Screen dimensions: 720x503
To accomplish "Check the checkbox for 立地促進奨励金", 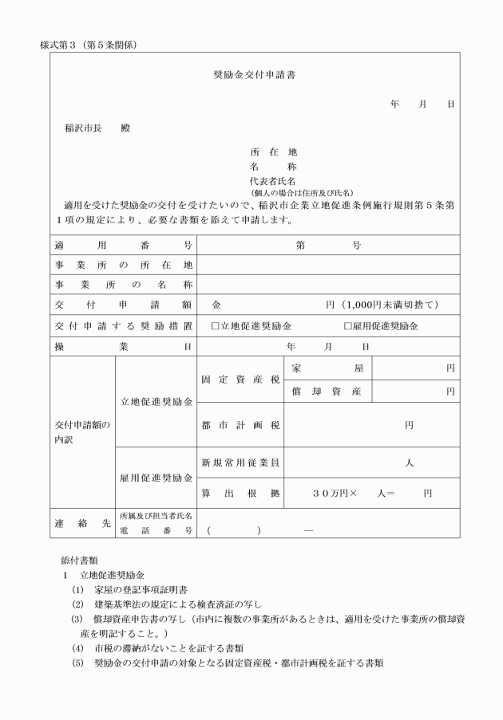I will tap(215, 326).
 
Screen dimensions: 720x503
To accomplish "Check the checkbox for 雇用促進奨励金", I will tap(347, 326).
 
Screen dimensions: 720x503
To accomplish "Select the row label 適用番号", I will tap(123, 245).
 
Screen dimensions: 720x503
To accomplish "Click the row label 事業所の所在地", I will tap(123, 265).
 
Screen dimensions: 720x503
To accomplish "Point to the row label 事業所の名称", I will tap(123, 285).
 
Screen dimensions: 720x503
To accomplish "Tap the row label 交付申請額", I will tap(123, 305).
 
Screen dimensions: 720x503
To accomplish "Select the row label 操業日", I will tap(123, 347).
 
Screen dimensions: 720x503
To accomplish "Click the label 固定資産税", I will tap(240, 380).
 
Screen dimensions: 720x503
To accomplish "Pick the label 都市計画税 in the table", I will tap(240, 425).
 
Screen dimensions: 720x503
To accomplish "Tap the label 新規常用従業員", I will tap(240, 462).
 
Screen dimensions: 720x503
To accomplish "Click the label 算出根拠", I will tap(240, 493).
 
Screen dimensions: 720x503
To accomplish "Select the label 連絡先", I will tap(82, 523).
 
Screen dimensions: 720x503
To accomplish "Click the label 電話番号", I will tap(156, 530).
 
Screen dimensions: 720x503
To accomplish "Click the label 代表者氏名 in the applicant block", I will tap(273, 182).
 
